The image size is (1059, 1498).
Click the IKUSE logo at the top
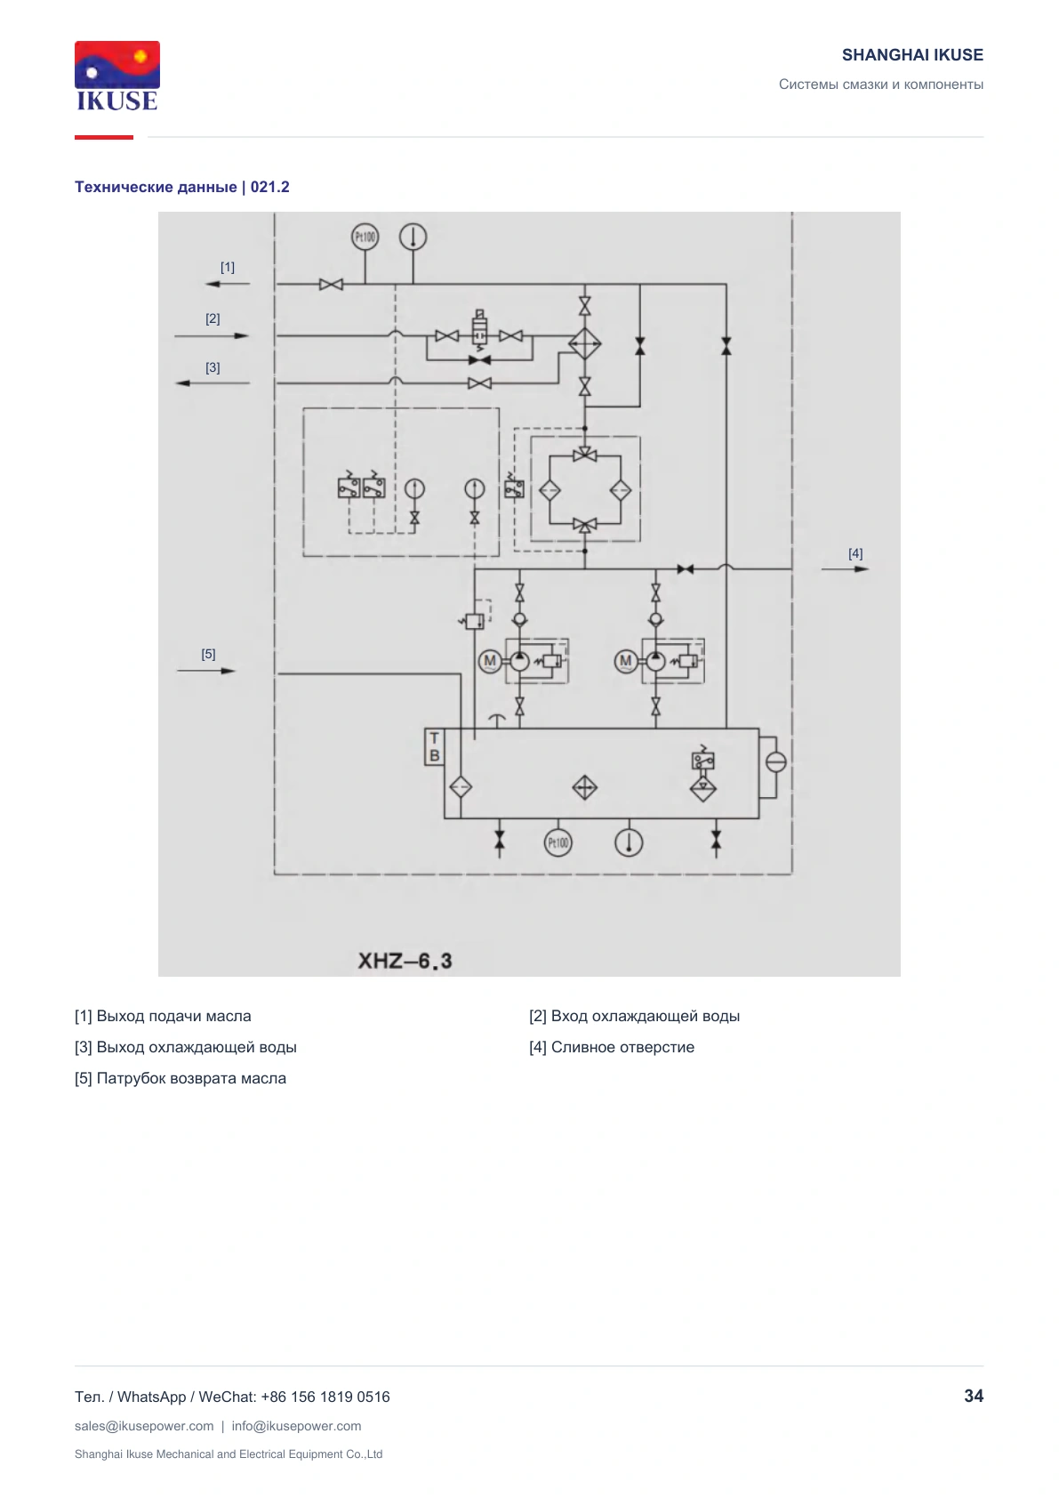coord(117,77)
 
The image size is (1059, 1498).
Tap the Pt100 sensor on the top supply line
coord(365,237)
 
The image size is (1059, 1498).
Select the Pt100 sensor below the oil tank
coord(558,842)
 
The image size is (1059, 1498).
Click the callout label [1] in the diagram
coord(228,268)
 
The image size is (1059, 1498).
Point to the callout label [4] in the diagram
coord(855,553)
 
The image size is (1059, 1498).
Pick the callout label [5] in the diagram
coord(209,654)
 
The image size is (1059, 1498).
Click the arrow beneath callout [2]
coord(212,335)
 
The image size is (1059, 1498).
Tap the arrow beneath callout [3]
coord(212,383)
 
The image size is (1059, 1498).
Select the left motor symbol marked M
coord(490,662)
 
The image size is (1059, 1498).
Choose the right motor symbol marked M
coord(626,662)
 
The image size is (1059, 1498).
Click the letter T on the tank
coord(435,738)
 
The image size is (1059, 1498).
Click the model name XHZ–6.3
coord(405,961)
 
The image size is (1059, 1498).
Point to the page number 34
coord(974,1396)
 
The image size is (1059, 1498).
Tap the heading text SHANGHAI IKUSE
coord(912,55)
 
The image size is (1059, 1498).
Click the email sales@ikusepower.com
coord(144,1426)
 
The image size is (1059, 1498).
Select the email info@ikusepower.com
coord(296,1426)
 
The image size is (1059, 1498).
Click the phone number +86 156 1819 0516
coord(325,1397)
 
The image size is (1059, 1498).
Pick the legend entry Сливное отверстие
coord(622,1047)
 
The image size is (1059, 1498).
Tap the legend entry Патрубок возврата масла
coord(191,1078)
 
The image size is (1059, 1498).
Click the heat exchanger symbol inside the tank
coord(584,787)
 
